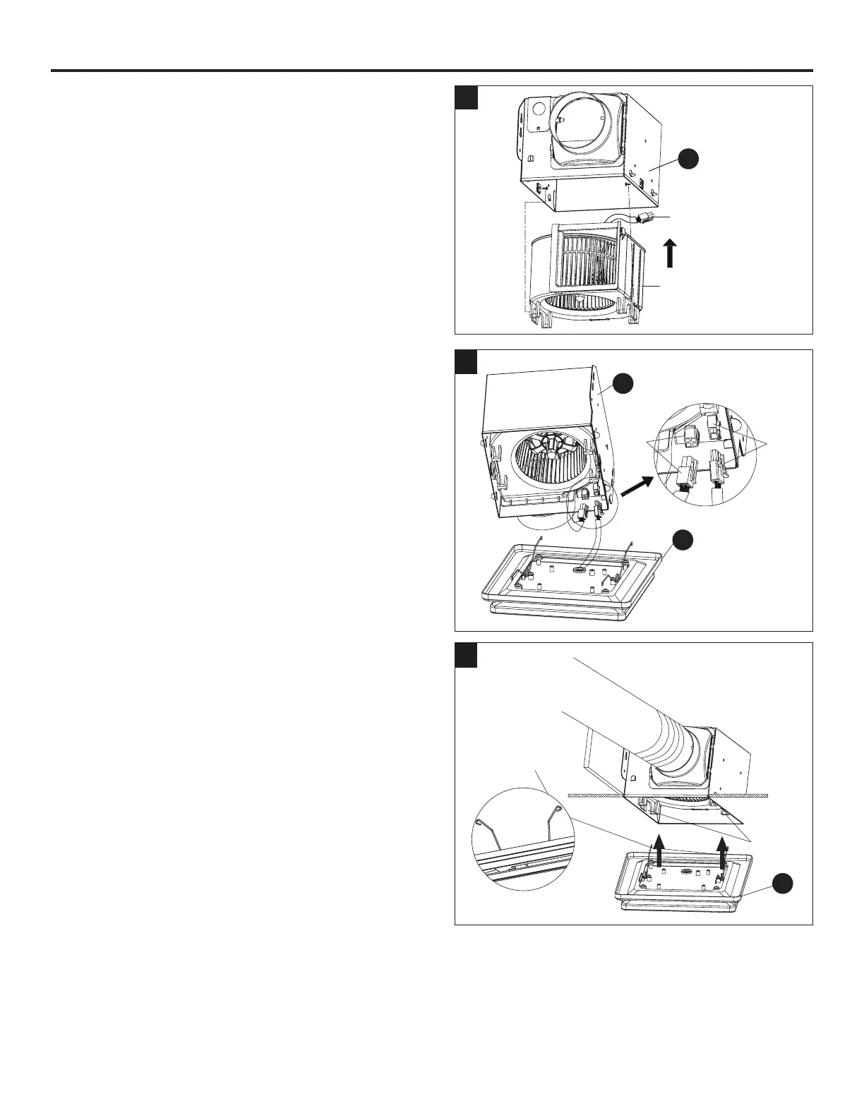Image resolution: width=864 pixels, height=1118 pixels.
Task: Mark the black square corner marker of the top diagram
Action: [x=467, y=98]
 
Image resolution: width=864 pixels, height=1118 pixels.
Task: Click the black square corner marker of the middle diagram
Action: [x=467, y=362]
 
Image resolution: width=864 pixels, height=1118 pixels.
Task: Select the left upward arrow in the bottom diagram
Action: [x=658, y=849]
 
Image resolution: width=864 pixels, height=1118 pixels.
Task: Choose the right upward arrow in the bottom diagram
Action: [x=721, y=850]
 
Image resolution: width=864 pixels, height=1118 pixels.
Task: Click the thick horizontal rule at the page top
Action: [x=432, y=71]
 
